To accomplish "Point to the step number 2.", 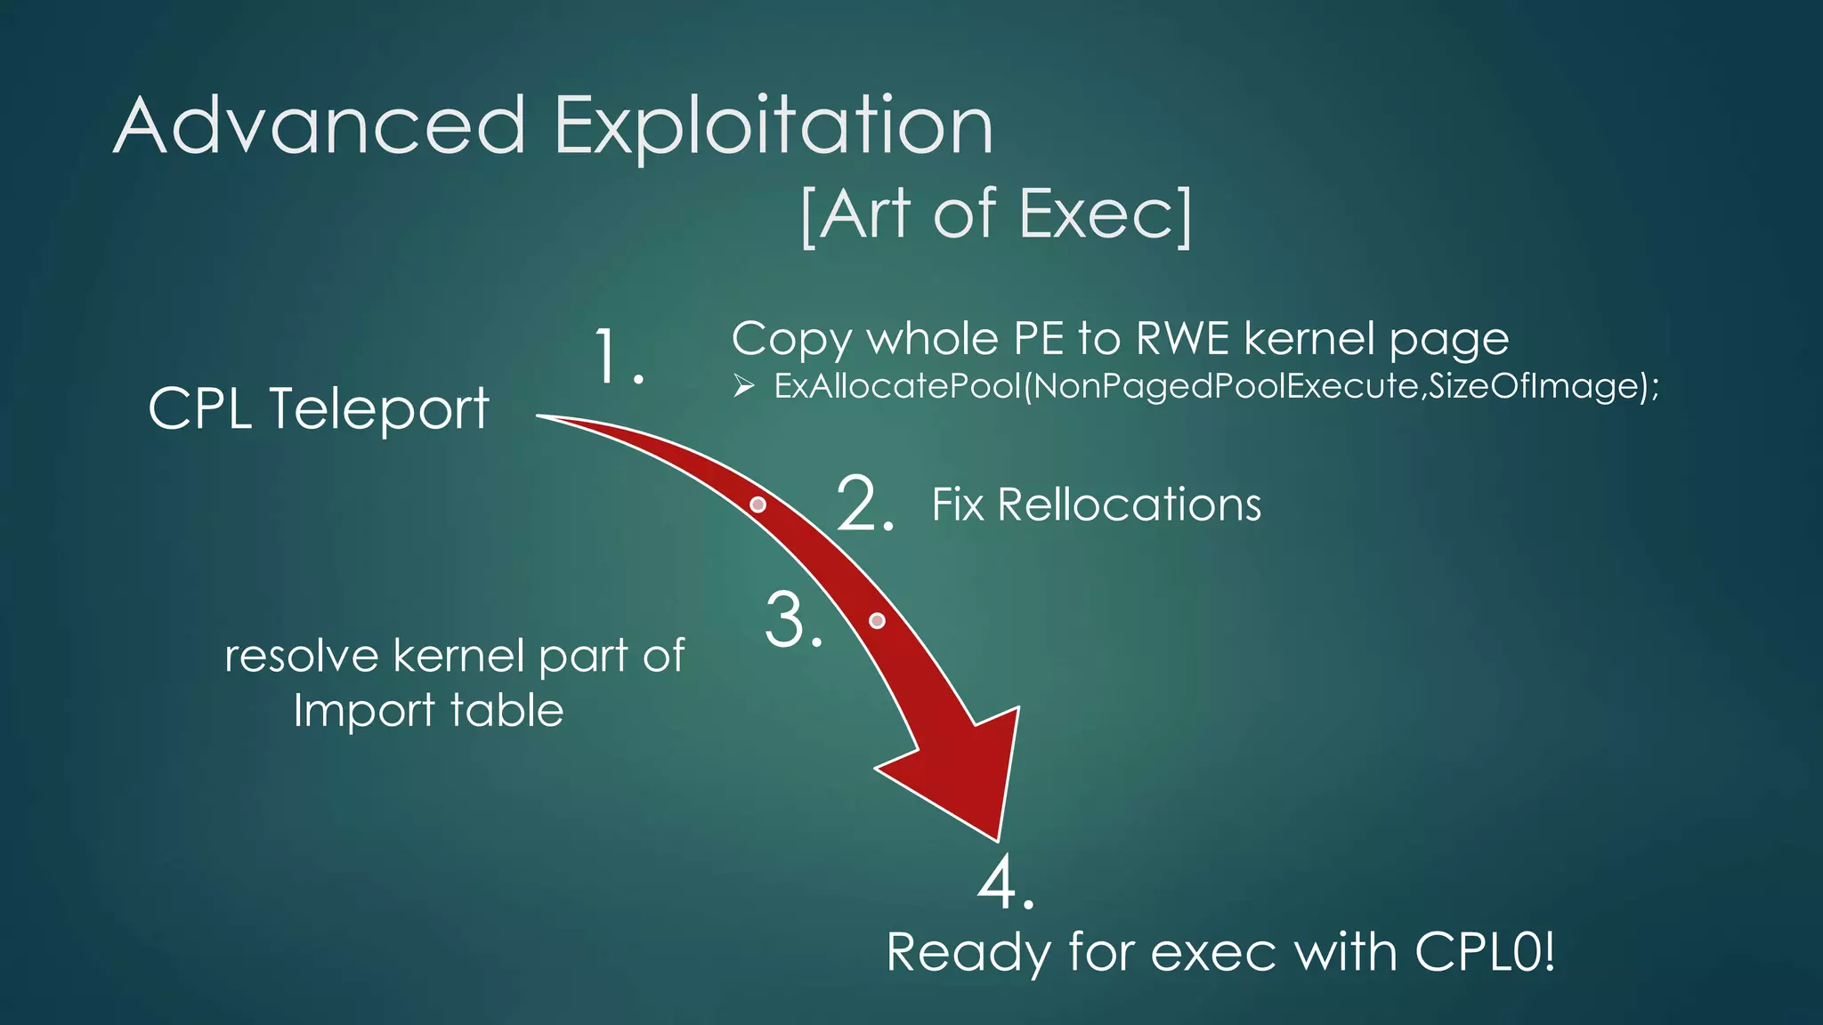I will click(x=863, y=504).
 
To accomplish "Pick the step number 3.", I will click(x=792, y=620).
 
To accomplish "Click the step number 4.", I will click(x=1005, y=883).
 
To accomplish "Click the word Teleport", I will click(x=378, y=409).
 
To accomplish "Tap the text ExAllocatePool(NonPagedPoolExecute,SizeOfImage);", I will click(x=1216, y=386).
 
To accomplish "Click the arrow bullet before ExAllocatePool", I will click(x=744, y=386).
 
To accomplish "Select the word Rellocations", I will click(x=1129, y=504).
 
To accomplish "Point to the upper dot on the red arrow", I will click(x=758, y=504).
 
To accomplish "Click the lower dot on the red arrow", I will click(x=877, y=620).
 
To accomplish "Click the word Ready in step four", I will click(x=968, y=954).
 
